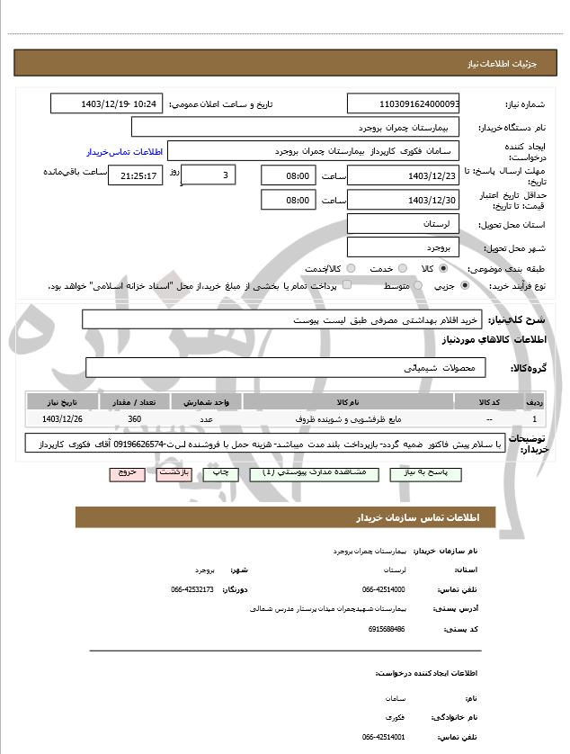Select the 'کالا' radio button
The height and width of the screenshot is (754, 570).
[x=441, y=269]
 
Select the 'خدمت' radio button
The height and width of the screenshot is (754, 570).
[x=401, y=269]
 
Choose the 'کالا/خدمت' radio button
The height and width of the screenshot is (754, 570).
[x=350, y=269]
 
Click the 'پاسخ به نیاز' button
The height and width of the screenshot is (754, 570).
[x=422, y=473]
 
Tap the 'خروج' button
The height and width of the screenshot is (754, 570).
[x=127, y=473]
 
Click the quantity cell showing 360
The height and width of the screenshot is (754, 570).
[x=135, y=419]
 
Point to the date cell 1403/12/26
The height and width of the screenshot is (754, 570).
[x=62, y=419]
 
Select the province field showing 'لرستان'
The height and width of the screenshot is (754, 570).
[x=403, y=223]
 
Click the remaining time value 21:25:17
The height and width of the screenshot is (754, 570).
[x=136, y=175]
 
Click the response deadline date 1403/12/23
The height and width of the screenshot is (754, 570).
[x=403, y=175]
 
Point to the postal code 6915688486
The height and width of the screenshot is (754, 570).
[x=387, y=629]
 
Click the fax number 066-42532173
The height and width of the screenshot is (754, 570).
[x=191, y=589]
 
